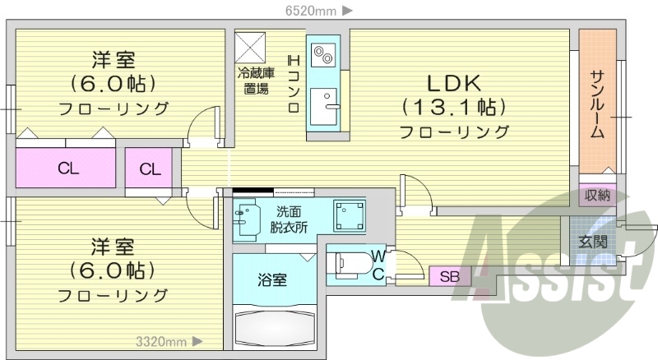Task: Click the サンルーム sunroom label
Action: click(x=598, y=102)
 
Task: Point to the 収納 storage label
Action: click(x=597, y=196)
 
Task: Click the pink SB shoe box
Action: click(x=449, y=275)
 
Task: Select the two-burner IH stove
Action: click(x=322, y=55)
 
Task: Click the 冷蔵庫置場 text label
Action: click(x=254, y=81)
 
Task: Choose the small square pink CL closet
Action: click(x=149, y=169)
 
